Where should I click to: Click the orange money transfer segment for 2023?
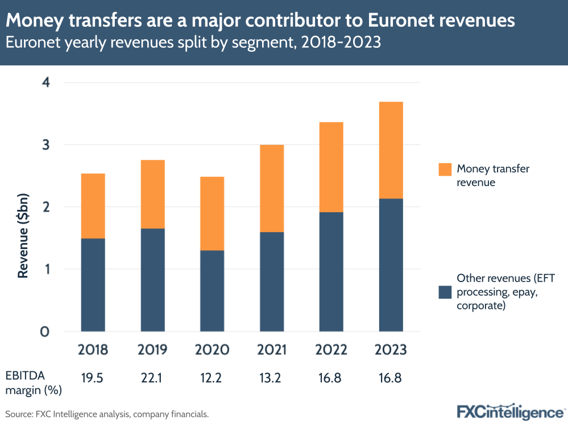pyautogui.click(x=390, y=150)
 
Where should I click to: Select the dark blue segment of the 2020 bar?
pyautogui.click(x=212, y=291)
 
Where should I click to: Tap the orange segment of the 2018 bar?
pyautogui.click(x=93, y=206)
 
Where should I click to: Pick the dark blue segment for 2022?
pyautogui.click(x=331, y=271)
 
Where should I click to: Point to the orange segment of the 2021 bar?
pyautogui.click(x=272, y=188)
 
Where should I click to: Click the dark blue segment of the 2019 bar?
pyautogui.click(x=152, y=280)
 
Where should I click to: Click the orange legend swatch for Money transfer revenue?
pyautogui.click(x=445, y=169)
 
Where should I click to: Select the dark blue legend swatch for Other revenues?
pyautogui.click(x=445, y=292)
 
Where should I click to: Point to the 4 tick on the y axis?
pyautogui.click(x=46, y=82)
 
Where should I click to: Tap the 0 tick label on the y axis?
pyautogui.click(x=46, y=332)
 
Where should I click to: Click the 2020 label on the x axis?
pyautogui.click(x=212, y=350)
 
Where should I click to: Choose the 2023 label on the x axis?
pyautogui.click(x=390, y=350)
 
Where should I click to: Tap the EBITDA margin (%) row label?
pyautogui.click(x=34, y=383)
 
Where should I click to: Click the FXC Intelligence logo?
pyautogui.click(x=510, y=411)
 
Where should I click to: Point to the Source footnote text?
pyautogui.click(x=107, y=414)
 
